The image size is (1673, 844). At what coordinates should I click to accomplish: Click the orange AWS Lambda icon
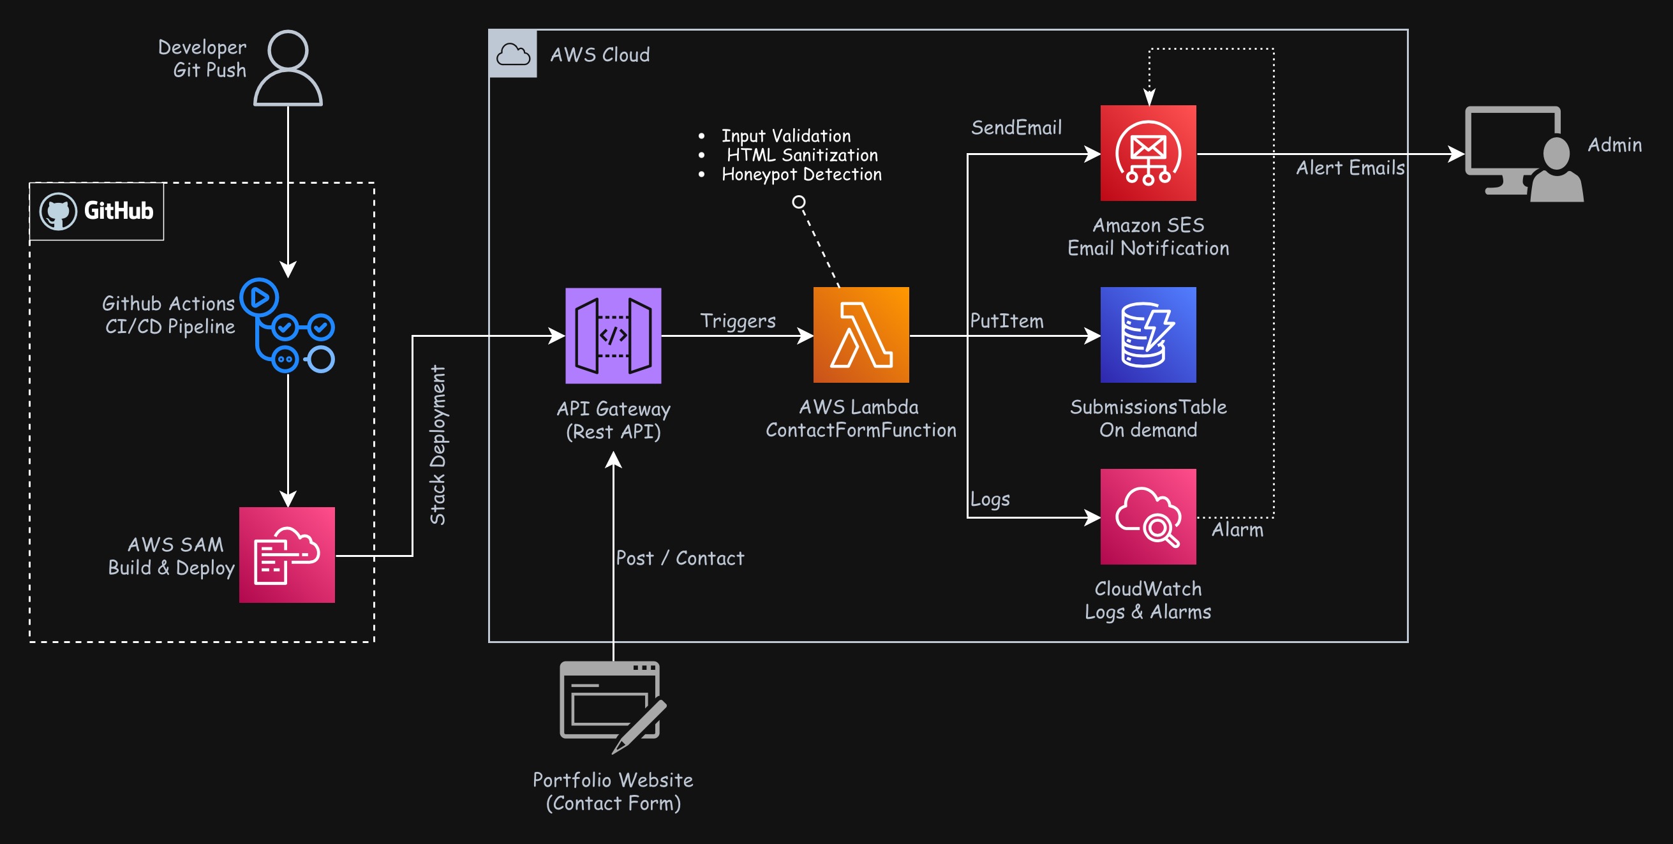coord(861,335)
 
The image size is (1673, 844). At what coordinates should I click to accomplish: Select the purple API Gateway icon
coord(613,336)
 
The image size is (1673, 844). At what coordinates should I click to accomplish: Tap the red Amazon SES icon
coord(1148,153)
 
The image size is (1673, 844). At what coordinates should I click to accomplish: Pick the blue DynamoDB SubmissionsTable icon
coord(1148,335)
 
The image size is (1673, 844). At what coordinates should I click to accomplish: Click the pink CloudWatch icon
coord(1148,517)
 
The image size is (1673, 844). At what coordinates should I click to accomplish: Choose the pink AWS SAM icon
coord(286,555)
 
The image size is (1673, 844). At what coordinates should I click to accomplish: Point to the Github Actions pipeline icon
coord(288,325)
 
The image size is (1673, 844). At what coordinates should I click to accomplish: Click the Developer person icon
coord(288,68)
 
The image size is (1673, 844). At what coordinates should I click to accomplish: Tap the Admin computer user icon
coord(1524,154)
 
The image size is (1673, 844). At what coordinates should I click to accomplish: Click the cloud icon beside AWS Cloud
coord(513,54)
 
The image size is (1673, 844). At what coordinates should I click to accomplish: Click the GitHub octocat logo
coord(59,212)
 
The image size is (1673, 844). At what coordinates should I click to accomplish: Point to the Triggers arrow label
coord(738,322)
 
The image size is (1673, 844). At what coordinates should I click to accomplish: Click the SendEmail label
coord(1016,128)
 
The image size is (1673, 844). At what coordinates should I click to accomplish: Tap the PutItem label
coord(1007,322)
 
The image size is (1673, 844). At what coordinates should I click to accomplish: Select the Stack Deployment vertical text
coord(438,445)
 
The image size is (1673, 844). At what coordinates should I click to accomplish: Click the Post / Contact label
coord(680,558)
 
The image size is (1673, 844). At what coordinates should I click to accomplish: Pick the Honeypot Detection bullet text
coord(801,175)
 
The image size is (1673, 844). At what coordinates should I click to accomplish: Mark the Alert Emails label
coord(1350,168)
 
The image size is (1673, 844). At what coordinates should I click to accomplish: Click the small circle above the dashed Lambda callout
coord(799,202)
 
